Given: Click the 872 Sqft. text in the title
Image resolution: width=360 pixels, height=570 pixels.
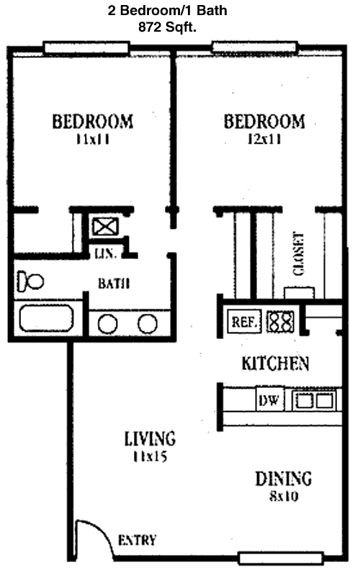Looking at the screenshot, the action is point(167,27).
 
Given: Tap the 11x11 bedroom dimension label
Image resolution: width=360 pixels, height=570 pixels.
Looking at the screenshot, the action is point(93,139).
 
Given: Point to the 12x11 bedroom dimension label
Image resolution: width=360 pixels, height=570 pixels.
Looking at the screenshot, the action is point(264,139).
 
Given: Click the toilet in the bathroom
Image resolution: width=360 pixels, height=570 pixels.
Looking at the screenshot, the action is point(30,281).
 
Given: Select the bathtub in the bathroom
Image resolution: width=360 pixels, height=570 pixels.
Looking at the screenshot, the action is point(46,318).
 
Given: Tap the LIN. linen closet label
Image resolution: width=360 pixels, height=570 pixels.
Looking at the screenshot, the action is point(105,253).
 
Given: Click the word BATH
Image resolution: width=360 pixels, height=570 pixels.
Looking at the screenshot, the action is point(114,284).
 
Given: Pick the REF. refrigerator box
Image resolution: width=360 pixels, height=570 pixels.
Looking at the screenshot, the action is point(244,322).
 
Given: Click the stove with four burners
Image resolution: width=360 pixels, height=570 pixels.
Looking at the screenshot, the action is point(280,322).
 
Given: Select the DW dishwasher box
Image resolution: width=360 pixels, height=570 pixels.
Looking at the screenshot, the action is point(269,400).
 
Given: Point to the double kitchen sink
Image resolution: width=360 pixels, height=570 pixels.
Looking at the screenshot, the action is point(314,401).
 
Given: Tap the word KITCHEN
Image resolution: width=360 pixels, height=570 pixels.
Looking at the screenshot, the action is point(275,363).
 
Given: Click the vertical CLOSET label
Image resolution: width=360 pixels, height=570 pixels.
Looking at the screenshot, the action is point(298,254).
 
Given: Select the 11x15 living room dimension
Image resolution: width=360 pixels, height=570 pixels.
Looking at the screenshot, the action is point(150,456).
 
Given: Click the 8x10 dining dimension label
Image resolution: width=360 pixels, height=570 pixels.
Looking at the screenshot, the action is point(284,496).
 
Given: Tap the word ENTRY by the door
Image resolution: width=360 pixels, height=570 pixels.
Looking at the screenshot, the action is point(137,540).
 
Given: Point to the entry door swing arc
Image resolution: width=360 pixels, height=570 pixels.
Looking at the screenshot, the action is point(102,531).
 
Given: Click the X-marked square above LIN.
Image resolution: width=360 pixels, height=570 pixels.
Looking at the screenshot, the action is point(105,227).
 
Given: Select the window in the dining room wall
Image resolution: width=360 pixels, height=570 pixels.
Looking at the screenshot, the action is point(281,558).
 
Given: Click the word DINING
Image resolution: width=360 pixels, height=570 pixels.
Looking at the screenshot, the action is point(284,479).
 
